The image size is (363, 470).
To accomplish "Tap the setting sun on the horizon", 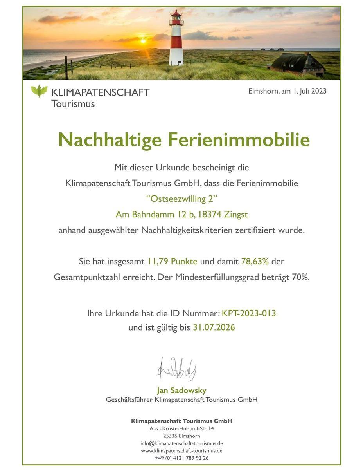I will pos(143,40).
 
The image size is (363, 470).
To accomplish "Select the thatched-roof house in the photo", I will pos(298,63).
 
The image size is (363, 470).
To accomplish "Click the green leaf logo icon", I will pos(39,91).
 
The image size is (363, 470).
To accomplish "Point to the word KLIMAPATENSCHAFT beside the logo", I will pos(100,92).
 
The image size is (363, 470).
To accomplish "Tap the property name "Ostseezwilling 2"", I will pos(181,199).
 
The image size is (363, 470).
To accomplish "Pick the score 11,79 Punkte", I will pos(172,261).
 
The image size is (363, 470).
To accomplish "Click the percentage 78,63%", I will pos(255,261).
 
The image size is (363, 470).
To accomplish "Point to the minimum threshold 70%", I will pos(300,277).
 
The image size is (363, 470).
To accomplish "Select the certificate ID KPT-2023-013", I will pos(249,313).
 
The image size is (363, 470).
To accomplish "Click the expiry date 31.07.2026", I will pos(214,327).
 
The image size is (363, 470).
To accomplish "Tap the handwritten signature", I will pos(177,369).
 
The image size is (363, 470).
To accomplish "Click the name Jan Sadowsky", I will pos(181,390).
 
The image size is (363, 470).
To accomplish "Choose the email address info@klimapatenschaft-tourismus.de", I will pos(181,443).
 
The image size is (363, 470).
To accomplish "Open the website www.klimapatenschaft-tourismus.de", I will pos(181,451).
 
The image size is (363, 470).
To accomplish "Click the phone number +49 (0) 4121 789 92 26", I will pos(181,458).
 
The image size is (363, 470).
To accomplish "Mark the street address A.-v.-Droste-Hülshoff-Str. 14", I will pos(181,428).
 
